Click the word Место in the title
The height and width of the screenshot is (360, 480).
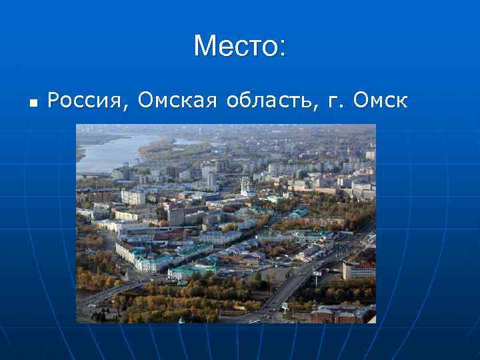point(235,46)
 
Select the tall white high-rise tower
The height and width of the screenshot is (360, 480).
point(211,179)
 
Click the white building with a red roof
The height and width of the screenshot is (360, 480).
point(358,270)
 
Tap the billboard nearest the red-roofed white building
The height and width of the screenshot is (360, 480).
point(317,273)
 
